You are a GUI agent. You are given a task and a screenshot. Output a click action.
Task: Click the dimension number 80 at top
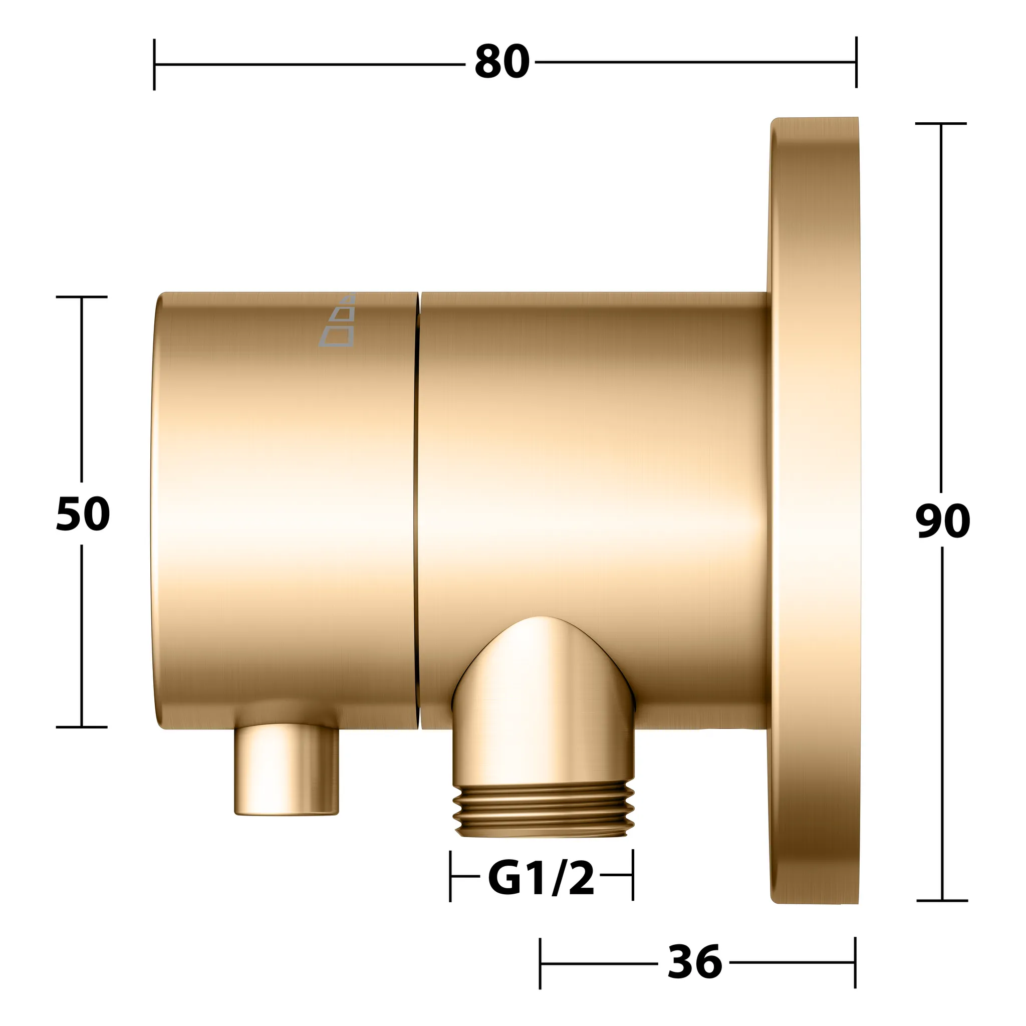coord(502,63)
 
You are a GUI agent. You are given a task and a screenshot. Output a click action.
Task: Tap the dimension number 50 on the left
coord(83,514)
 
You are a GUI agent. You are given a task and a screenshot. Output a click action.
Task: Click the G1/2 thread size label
coord(541,878)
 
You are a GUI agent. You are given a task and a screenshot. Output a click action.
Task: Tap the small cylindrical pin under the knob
coord(286,769)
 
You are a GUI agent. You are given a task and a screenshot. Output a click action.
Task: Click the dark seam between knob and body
coord(418,510)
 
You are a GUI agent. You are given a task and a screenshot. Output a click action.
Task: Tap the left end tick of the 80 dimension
coord(154,64)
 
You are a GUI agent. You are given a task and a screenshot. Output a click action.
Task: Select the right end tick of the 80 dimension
coord(856,62)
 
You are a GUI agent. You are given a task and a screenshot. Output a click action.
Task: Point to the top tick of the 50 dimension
coord(82,297)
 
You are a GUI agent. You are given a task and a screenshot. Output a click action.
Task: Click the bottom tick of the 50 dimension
coord(82,727)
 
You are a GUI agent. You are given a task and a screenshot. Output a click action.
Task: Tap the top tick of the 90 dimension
coord(941,124)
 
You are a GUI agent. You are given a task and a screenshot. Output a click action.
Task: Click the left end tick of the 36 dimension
coord(540,962)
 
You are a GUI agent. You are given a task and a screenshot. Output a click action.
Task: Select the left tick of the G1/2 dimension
coord(450,876)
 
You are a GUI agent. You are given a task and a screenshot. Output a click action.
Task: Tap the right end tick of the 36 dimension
coord(855,962)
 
